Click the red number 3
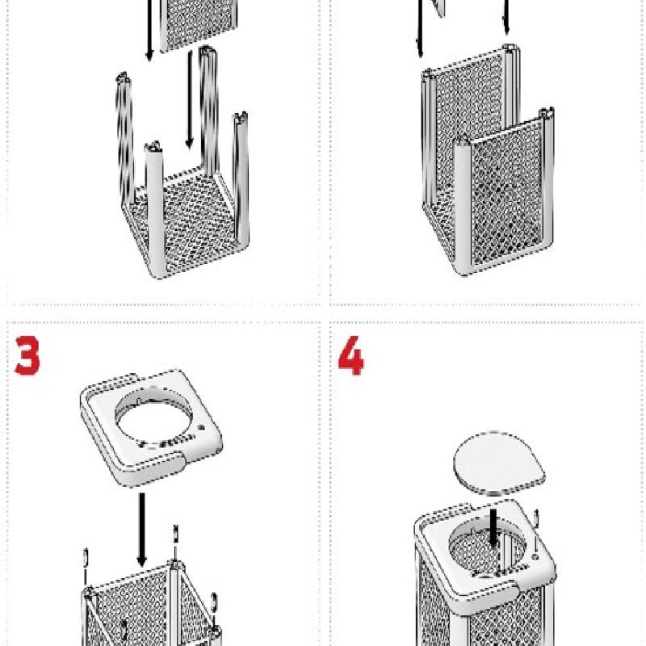coord(27,355)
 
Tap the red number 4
coord(351,355)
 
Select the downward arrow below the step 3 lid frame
coord(142,530)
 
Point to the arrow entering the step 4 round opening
coord(493,529)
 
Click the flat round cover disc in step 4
coord(499,463)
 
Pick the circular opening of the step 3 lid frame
coord(153,418)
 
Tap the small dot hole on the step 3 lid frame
coord(201,428)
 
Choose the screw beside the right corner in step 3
coord(214,602)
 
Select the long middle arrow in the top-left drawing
coord(190,99)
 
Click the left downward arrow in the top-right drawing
coord(420,28)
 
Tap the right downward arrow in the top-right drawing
coord(506,17)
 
